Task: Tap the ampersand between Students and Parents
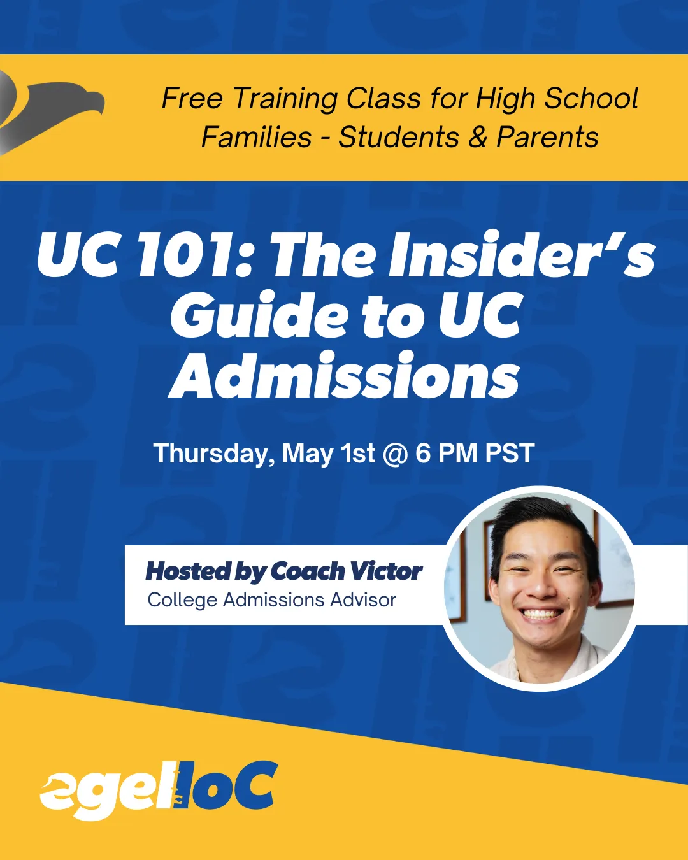coord(478,137)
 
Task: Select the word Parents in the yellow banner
coord(547,137)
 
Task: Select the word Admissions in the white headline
coord(344,375)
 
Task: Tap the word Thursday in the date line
coord(214,454)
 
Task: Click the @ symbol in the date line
coord(396,454)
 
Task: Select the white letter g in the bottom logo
coord(100,791)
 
